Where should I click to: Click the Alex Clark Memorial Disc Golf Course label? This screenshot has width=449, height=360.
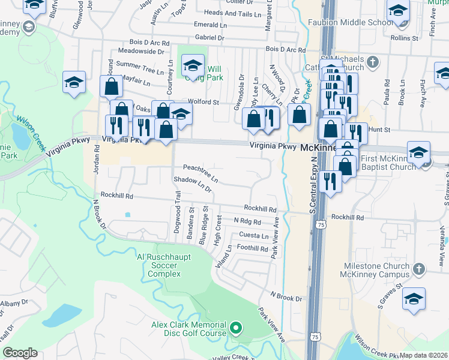pyautogui.click(x=188, y=329)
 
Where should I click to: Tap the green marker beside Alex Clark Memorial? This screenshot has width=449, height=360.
pyautogui.click(x=236, y=328)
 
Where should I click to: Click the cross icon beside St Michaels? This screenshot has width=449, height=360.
pyautogui.click(x=373, y=61)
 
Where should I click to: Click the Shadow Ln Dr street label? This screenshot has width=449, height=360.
pyautogui.click(x=193, y=184)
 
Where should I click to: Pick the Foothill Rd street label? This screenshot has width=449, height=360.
pyautogui.click(x=252, y=248)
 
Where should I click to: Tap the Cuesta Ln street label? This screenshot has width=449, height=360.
pyautogui.click(x=253, y=235)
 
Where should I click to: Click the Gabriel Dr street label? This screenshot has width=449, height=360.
pyautogui.click(x=209, y=37)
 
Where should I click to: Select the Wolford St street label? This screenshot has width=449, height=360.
pyautogui.click(x=204, y=102)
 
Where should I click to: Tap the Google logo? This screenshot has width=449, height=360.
pyautogui.click(x=20, y=353)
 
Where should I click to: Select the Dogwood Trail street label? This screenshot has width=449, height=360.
pyautogui.click(x=177, y=205)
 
